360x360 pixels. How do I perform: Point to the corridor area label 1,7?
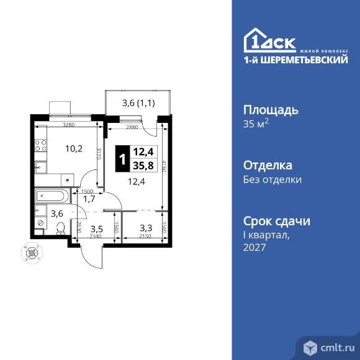coord(89,199)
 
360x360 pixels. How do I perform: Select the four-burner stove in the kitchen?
coord(40,146)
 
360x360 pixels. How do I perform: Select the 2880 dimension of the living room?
coord(132,127)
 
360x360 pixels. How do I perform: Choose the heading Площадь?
coord(270,110)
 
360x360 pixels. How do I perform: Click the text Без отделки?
coord(272,180)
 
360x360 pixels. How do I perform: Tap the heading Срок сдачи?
coord(276,221)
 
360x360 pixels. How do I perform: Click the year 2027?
coord(254,247)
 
